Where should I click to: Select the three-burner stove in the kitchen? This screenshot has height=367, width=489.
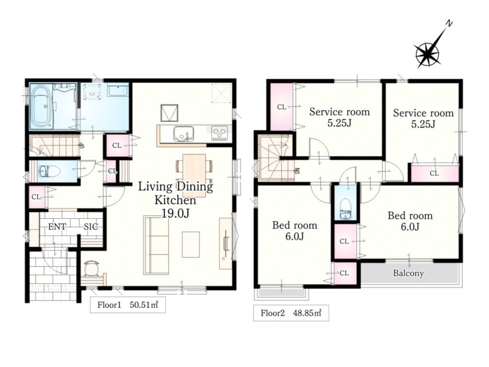tap(220, 133)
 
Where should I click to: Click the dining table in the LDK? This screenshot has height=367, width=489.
tap(194, 176)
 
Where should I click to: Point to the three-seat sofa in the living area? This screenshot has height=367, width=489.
tap(156, 245)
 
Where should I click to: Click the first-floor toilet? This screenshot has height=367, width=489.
tap(49, 171)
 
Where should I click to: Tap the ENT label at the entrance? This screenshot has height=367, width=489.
tap(57, 227)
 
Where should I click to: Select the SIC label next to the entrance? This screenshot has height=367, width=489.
tap(91, 227)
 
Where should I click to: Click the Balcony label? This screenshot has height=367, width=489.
tap(408, 273)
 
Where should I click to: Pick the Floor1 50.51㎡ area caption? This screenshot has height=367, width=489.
tap(128, 304)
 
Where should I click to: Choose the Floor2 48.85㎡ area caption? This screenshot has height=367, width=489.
tap(291, 313)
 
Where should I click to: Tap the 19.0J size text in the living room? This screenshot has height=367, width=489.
tap(175, 213)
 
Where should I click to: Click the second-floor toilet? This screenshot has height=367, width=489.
tap(345, 210)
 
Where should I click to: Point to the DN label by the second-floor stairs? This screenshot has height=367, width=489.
tap(297, 171)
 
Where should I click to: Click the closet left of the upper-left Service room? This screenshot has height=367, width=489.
tap(282, 107)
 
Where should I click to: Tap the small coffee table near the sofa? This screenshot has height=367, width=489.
tap(191, 244)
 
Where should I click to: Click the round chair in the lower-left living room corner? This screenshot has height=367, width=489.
tap(92, 268)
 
